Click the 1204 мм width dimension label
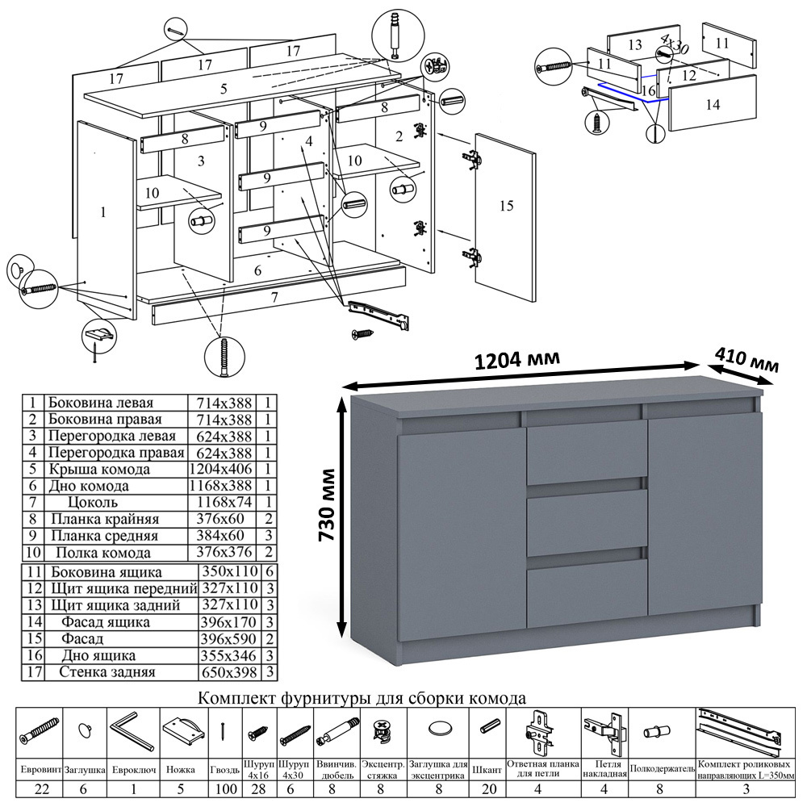click(519, 359)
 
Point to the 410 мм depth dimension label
click(746, 361)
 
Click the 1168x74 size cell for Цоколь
click(220, 502)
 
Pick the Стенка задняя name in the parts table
click(107, 671)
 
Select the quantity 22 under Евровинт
click(39, 788)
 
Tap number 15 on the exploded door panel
click(506, 206)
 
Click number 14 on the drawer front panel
click(712, 104)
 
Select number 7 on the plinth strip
click(274, 298)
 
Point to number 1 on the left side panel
click(102, 213)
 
